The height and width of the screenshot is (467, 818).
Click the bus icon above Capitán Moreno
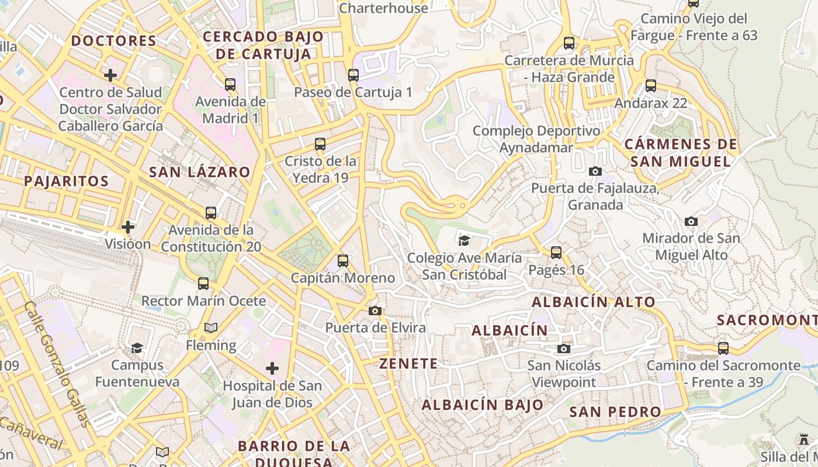pos(343,261)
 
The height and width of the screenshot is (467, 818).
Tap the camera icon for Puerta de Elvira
pos(375,311)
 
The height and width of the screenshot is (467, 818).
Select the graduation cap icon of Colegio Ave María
pos(464,241)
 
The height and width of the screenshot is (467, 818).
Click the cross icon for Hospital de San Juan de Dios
pos(272,368)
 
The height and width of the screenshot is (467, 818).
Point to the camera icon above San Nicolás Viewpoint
pos(564,348)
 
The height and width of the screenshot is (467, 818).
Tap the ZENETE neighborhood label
pos(408,364)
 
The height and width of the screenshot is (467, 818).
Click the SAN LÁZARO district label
pos(200,172)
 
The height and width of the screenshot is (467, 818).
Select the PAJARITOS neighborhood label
pos(67,181)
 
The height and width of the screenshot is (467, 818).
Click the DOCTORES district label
pos(114,41)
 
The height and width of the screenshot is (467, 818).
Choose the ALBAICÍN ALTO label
pos(594,302)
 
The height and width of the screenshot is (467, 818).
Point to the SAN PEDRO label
pos(615,412)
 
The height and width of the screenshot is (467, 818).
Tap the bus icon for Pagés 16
pos(556,253)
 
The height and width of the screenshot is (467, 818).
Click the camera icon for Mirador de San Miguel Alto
pos(691,221)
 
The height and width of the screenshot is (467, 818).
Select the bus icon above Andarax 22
pos(651,86)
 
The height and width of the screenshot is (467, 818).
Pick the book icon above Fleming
pos(211,328)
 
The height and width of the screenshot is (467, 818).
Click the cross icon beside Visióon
pos(128,226)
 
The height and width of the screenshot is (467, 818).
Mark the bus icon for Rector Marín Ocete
pos(203,284)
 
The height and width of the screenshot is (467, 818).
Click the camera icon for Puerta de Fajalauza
pos(595,171)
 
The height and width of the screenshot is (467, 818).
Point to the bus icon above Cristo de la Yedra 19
pos(320,144)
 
